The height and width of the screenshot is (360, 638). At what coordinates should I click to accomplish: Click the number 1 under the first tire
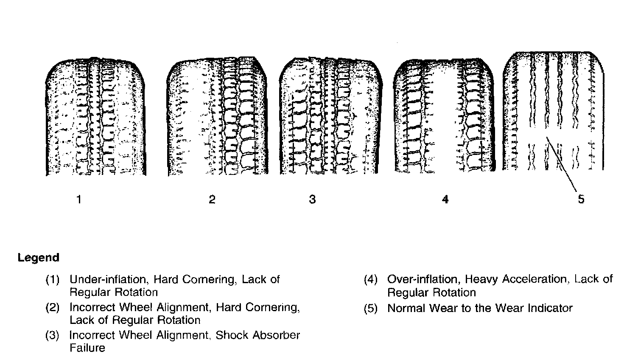(78, 199)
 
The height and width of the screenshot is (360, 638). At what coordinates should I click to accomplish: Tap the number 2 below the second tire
(212, 199)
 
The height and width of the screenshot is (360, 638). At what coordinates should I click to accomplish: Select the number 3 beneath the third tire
(312, 199)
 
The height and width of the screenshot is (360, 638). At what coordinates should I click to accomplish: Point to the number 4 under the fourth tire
(445, 199)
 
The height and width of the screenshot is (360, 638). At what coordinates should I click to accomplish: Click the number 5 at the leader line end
(581, 199)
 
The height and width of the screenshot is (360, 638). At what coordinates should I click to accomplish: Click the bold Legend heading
(38, 258)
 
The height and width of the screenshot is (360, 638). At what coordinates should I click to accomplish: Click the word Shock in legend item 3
(232, 335)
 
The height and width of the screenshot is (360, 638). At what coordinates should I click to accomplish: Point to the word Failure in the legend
(87, 348)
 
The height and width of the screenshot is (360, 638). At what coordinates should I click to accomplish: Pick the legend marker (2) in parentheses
(52, 308)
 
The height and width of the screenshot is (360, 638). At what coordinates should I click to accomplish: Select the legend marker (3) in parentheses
(52, 335)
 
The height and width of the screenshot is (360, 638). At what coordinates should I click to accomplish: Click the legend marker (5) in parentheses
(370, 309)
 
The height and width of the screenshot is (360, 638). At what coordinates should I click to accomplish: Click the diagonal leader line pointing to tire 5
(562, 166)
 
